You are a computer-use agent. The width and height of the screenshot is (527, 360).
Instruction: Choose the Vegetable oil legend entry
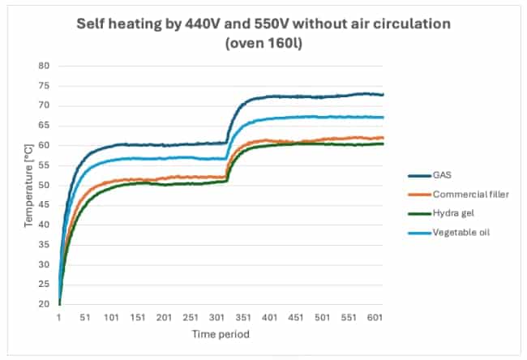(x=452, y=233)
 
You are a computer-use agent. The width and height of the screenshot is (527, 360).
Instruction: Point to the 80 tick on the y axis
(x=45, y=66)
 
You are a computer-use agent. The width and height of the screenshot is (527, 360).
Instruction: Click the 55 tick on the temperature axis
(x=45, y=165)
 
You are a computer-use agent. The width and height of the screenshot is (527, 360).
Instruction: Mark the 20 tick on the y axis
(x=45, y=305)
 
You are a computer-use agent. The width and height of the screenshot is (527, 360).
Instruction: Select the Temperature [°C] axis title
(x=30, y=185)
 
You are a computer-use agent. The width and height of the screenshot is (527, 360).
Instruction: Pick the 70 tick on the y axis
(x=45, y=105)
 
